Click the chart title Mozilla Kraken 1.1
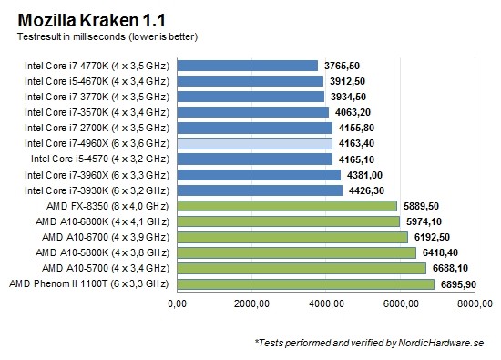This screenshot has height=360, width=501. click(87, 18)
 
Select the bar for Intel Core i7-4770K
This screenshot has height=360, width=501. click(247, 65)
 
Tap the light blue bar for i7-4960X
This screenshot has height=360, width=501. click(254, 143)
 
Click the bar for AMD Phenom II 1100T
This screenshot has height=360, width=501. click(305, 284)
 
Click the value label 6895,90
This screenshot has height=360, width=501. click(465, 284)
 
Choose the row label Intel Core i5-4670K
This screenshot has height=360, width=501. click(99, 81)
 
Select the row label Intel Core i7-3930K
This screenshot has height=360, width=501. click(99, 190)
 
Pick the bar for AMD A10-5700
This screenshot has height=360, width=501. click(302, 268)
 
